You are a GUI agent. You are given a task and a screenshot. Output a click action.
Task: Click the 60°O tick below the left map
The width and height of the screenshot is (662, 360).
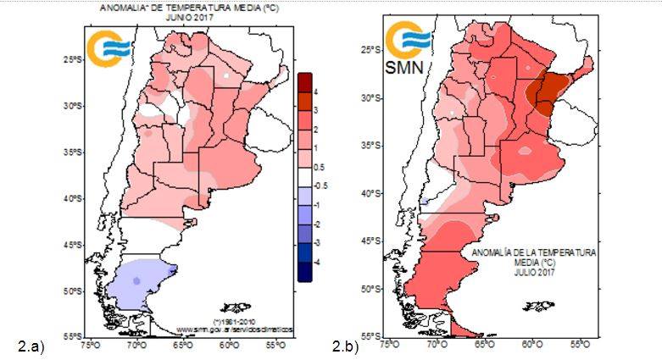click(x=228, y=346)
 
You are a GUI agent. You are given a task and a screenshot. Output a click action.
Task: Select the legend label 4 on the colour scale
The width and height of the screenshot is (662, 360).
click(x=314, y=91)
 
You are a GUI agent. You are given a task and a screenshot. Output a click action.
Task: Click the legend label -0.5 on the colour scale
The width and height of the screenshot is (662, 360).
click(x=316, y=186)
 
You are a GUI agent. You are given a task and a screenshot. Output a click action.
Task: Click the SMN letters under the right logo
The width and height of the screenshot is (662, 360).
click(x=405, y=66)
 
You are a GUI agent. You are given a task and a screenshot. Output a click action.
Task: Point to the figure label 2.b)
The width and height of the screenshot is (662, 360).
click(x=346, y=346)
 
